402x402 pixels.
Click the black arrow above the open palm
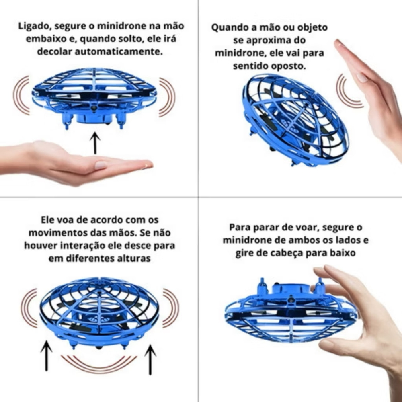(95, 143)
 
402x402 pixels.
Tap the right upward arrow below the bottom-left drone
(150, 359)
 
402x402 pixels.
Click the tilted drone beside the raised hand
(295, 120)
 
